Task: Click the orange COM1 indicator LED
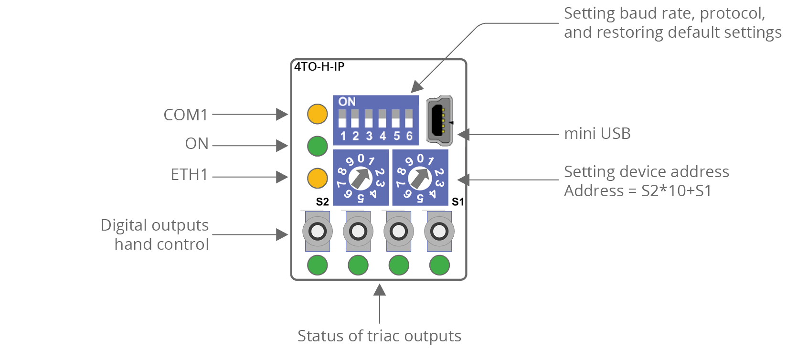pyautogui.click(x=318, y=114)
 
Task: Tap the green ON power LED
pyautogui.click(x=318, y=146)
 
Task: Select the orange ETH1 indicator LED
pyautogui.click(x=318, y=178)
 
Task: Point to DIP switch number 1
pyautogui.click(x=342, y=119)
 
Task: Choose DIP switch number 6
pyautogui.click(x=409, y=119)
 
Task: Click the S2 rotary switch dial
pyautogui.click(x=361, y=178)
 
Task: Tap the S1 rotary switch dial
pyautogui.click(x=420, y=178)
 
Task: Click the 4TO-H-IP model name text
pyautogui.click(x=319, y=67)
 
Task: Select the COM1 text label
pyautogui.click(x=186, y=115)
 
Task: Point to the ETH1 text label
pyautogui.click(x=189, y=175)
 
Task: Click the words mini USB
pyautogui.click(x=597, y=134)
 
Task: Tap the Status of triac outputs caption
pyautogui.click(x=379, y=336)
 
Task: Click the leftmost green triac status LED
pyautogui.click(x=318, y=265)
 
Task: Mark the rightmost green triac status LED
pyautogui.click(x=439, y=265)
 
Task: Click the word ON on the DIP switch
pyautogui.click(x=347, y=102)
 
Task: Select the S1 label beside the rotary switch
pyautogui.click(x=457, y=202)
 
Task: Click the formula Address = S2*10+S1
pyautogui.click(x=638, y=191)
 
